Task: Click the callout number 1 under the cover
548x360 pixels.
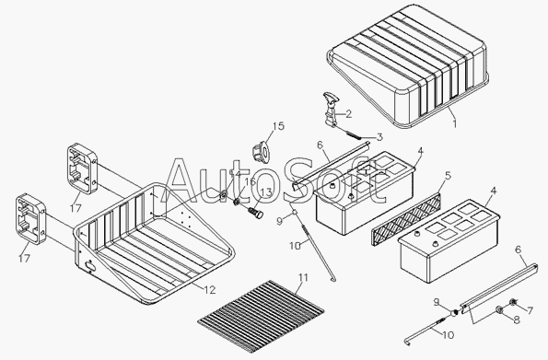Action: pos(455,123)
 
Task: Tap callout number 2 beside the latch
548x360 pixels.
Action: pos(348,114)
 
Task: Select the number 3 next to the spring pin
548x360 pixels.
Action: pos(379,137)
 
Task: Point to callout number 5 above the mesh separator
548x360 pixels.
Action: pos(449,176)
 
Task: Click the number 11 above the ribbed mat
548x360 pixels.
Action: pos(303,277)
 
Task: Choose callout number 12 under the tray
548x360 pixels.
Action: pos(210,290)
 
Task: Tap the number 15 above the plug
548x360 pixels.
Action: pos(278,126)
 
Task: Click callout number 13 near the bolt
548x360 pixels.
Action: pos(265,192)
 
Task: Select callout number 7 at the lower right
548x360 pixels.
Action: pos(530,310)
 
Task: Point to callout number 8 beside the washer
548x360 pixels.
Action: pos(516,319)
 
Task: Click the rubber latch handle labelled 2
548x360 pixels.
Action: pos(331,109)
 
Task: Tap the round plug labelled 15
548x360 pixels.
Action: pos(260,153)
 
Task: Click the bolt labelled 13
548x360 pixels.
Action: pos(255,213)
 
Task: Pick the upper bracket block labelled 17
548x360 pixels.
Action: pos(82,168)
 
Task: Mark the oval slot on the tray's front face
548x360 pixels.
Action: pos(90,266)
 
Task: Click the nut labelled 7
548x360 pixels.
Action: pos(513,301)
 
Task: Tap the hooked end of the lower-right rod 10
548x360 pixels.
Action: pos(407,342)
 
